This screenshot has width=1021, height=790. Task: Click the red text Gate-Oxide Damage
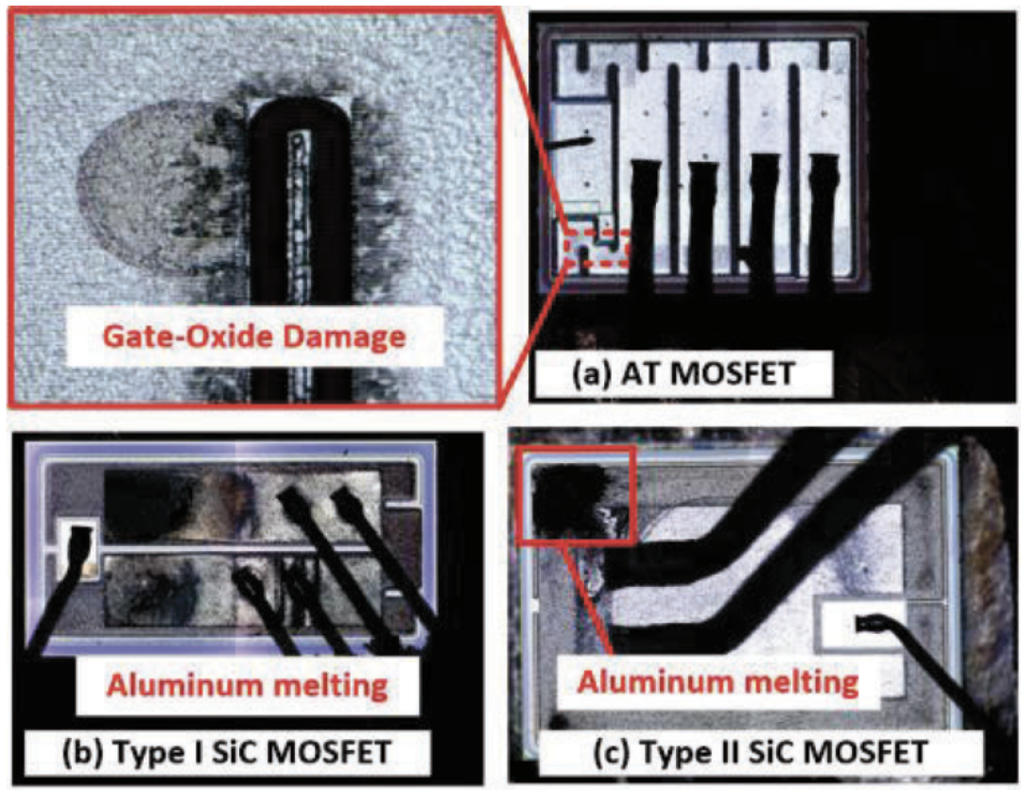(x=254, y=336)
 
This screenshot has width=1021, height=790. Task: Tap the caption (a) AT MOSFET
(x=684, y=373)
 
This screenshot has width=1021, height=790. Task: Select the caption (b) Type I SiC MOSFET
(x=226, y=752)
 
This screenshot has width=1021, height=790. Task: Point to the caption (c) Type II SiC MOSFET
(x=760, y=753)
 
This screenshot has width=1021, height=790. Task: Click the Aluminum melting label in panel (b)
(x=248, y=685)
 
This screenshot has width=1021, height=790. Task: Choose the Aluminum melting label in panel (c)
(x=718, y=682)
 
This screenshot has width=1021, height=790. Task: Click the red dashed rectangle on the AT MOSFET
(x=597, y=249)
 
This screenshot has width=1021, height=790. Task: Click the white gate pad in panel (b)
(x=77, y=553)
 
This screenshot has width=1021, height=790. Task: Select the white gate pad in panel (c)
(x=863, y=626)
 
